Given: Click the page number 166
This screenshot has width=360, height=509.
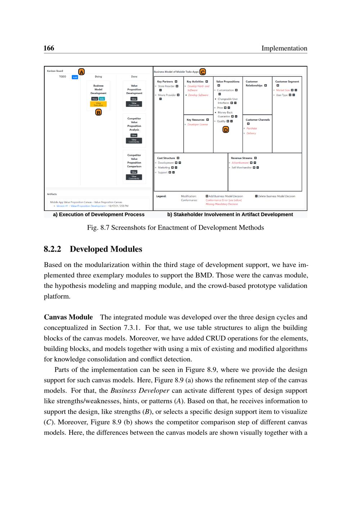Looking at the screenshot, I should [49, 48].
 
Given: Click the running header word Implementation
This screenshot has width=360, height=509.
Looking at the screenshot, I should [284, 48].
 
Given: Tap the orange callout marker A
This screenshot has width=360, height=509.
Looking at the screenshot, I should [82, 72].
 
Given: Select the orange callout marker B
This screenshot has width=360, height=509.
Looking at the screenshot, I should [98, 112].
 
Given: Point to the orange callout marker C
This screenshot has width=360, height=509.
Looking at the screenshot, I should [203, 72].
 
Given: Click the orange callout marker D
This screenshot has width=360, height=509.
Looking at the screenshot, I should [226, 130].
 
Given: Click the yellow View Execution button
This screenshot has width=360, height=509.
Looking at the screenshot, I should [98, 104].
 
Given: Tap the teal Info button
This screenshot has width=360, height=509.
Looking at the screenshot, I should [102, 99].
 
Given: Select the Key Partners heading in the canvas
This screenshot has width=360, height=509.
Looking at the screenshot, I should [165, 82].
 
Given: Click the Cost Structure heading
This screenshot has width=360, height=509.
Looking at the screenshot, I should [166, 158].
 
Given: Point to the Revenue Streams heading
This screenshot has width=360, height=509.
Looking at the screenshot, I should [242, 158].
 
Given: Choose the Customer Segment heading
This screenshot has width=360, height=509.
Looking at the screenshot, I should [287, 82].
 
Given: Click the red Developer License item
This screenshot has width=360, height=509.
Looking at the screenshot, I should [198, 125].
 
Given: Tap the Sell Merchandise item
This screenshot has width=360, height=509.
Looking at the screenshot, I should [242, 168].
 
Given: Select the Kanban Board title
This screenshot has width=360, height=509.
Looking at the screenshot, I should [55, 71].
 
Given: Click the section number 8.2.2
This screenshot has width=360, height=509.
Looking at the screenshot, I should [53, 249].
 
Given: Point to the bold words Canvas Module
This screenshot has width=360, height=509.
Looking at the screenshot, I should [68, 317].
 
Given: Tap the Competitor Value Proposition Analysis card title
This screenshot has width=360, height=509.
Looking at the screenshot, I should [134, 124].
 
